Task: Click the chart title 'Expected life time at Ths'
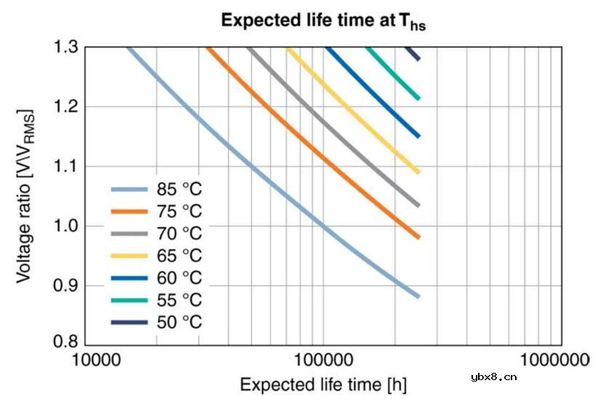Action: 324,21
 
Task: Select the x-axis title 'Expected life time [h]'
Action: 323,383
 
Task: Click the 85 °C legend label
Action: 179,190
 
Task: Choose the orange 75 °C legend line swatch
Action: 130,212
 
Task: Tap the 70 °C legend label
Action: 179,234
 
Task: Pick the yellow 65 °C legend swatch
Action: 130,256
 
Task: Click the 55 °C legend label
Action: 179,299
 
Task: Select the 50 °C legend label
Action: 179,321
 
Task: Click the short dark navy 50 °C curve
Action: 413,53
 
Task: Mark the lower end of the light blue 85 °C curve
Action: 418,296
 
